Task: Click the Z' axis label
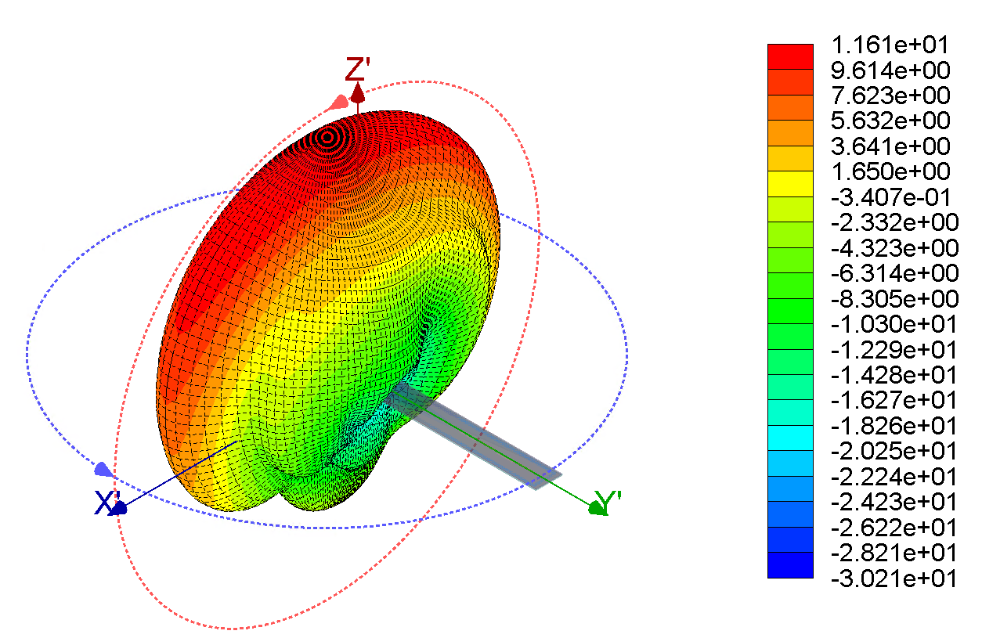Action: pyautogui.click(x=358, y=69)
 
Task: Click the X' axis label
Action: pyautogui.click(x=107, y=503)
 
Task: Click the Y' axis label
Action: pyautogui.click(x=608, y=502)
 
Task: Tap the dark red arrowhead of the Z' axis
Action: pyautogui.click(x=358, y=93)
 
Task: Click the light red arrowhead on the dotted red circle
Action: pyautogui.click(x=339, y=103)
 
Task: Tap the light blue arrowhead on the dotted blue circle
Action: pyautogui.click(x=103, y=469)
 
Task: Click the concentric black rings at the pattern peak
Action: pyautogui.click(x=327, y=138)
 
